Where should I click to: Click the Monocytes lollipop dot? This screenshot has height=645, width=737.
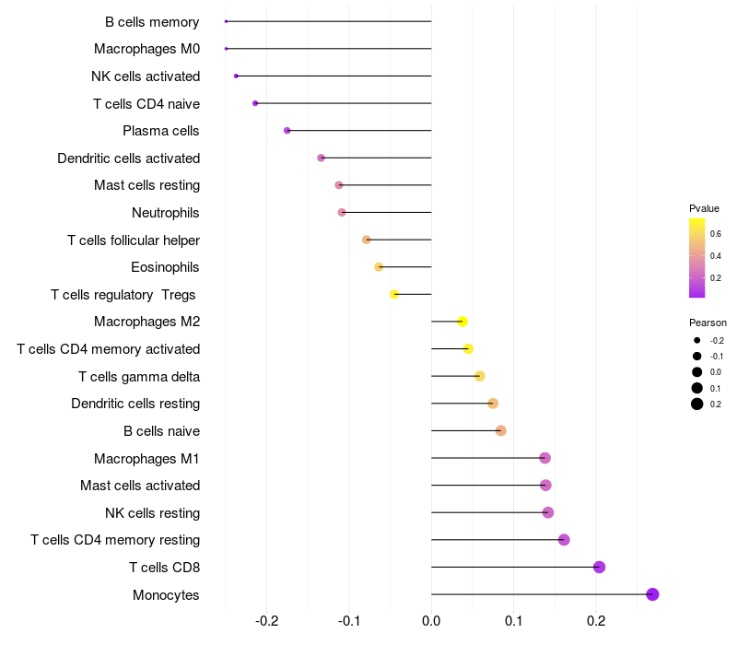click(652, 594)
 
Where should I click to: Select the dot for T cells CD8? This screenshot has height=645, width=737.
click(599, 567)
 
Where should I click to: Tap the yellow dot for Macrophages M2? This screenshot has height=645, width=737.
click(462, 322)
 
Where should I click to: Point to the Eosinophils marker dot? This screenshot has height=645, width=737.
click(379, 267)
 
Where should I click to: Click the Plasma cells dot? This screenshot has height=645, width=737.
click(287, 131)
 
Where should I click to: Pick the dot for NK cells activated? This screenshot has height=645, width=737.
click(236, 76)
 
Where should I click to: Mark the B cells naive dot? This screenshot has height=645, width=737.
click(501, 430)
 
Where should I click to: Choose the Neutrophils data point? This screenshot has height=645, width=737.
click(342, 213)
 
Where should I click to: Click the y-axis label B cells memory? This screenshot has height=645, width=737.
click(152, 22)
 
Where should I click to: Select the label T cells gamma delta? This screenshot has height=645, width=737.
click(139, 377)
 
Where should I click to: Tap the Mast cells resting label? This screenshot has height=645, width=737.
click(147, 185)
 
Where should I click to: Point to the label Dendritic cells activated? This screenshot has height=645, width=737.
click(129, 158)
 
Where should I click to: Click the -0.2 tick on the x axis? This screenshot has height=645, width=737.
click(266, 621)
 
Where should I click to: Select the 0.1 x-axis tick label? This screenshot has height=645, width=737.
click(514, 621)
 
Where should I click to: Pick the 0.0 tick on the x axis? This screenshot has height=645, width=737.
click(431, 621)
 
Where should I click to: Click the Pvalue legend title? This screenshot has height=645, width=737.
click(704, 208)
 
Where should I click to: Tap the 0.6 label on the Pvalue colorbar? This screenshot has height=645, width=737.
click(716, 234)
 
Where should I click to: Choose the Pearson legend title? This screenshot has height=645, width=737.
click(708, 322)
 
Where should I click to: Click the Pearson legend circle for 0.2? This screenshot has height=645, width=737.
click(697, 404)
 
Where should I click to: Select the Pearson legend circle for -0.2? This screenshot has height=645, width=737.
click(697, 340)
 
